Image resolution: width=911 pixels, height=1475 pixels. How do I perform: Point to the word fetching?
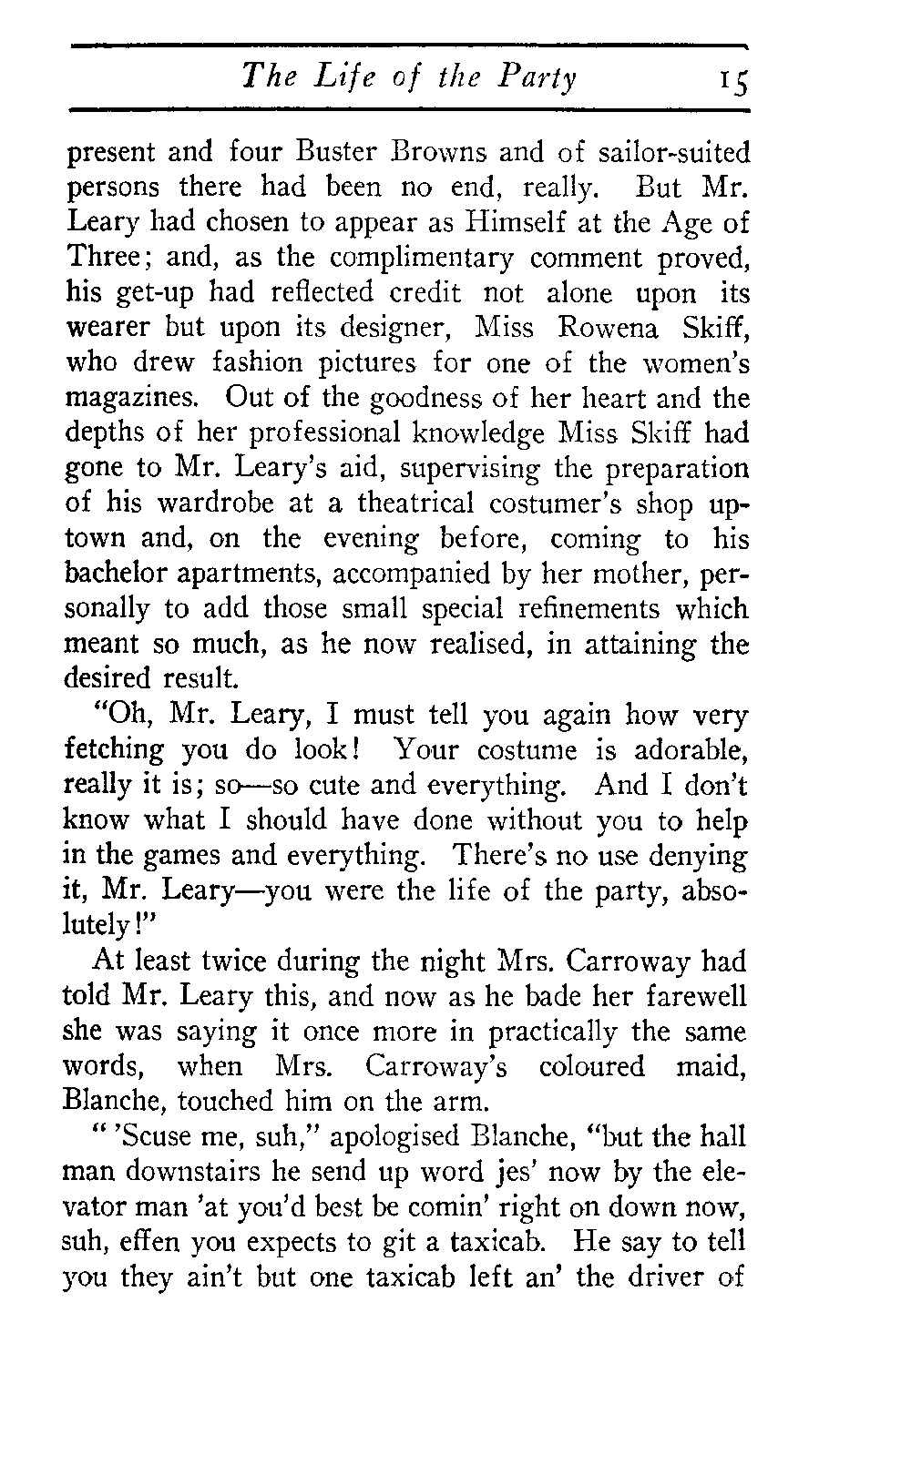pos(115,751)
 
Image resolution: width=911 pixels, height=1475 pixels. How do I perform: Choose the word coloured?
pos(591,1066)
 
